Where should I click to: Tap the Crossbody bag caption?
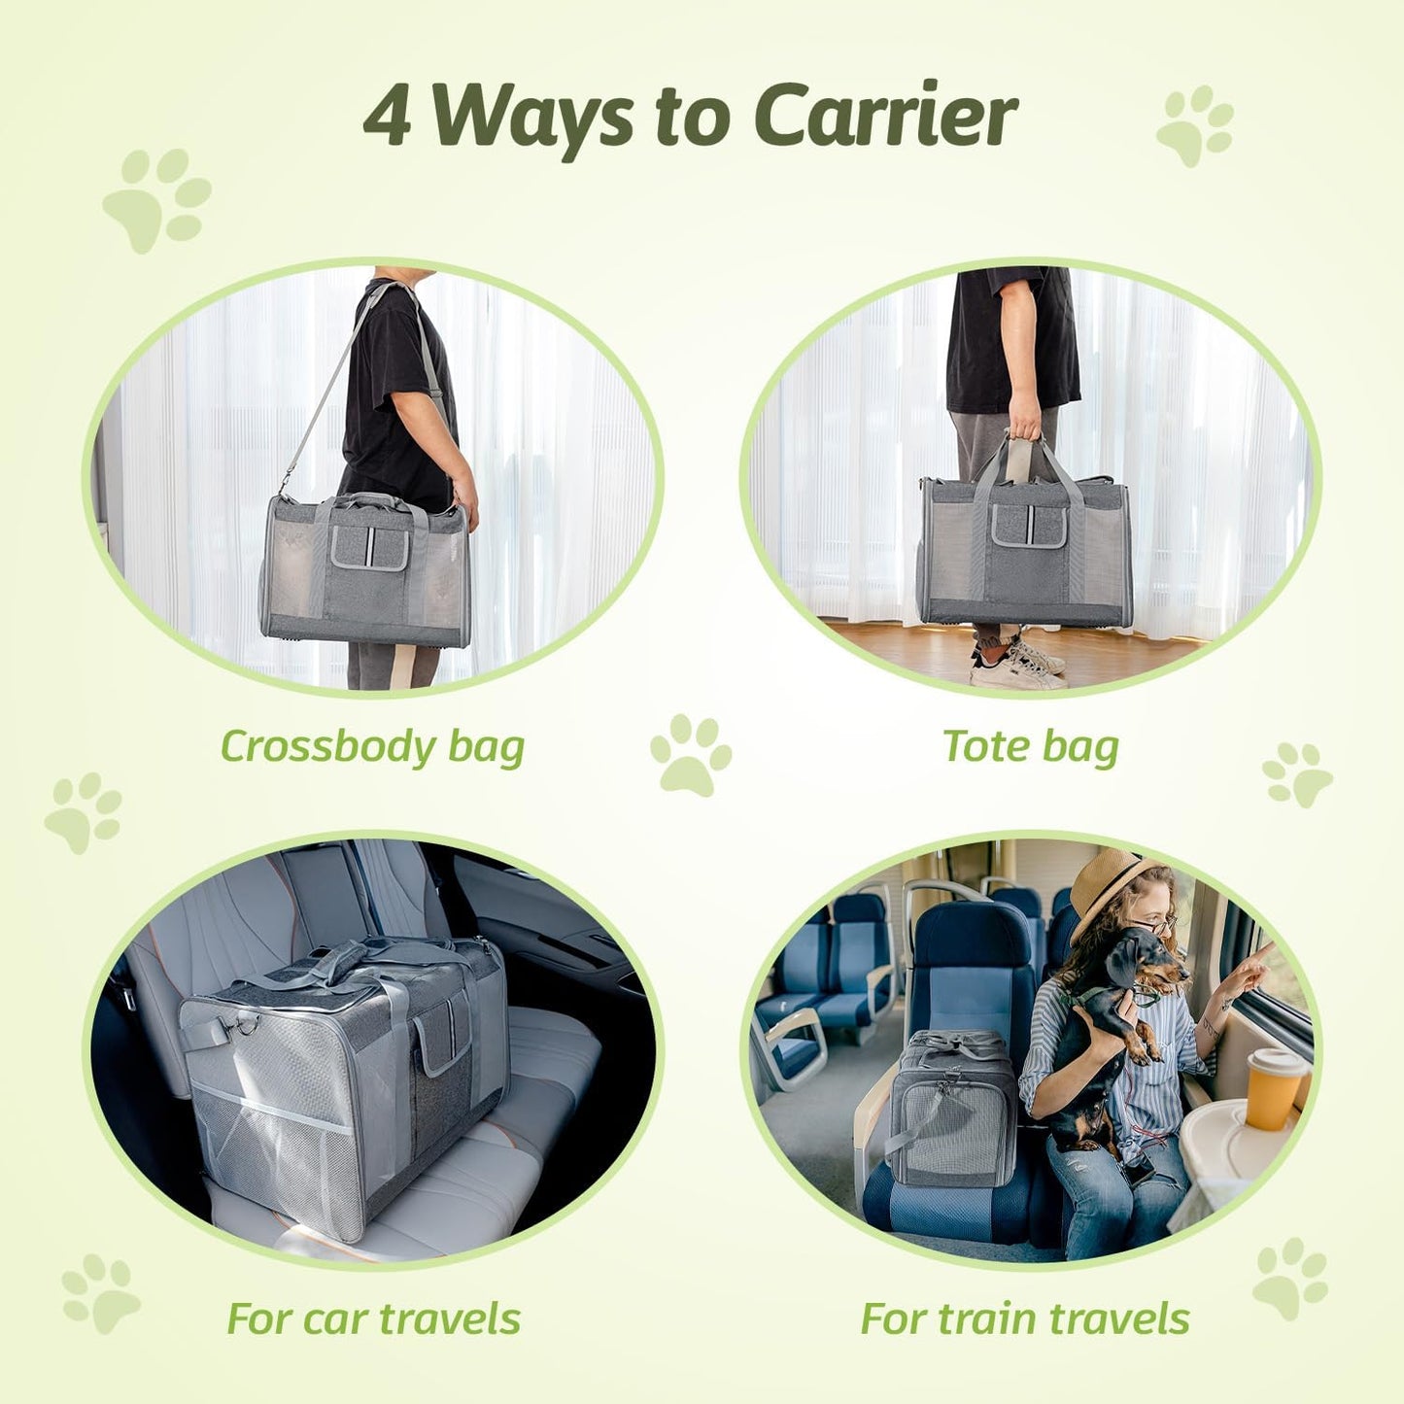pos(372,746)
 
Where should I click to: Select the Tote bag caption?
pos(1031,746)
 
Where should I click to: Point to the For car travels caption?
pos(373,1318)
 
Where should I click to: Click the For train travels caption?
pos(1024,1318)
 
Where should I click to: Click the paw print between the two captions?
pos(690,754)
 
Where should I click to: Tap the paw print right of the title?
pos(1195,125)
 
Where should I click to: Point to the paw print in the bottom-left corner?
pos(100,1292)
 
